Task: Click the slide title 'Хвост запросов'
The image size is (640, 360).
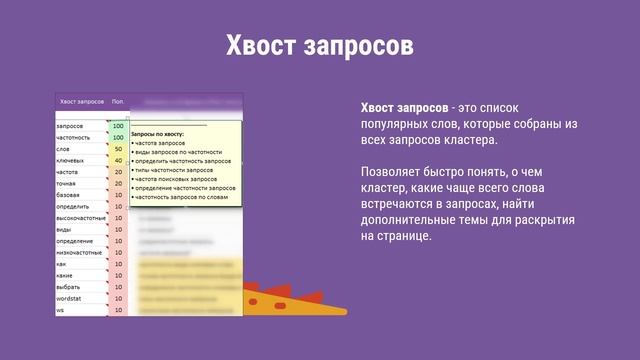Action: (x=320, y=46)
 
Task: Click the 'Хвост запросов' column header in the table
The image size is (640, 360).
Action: (x=82, y=101)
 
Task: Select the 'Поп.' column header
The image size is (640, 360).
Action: (x=118, y=101)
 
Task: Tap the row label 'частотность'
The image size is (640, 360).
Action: (x=73, y=137)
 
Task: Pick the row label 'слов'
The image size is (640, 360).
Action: (x=63, y=149)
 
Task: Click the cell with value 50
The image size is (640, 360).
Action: (x=118, y=149)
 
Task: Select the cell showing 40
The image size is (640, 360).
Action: (x=118, y=160)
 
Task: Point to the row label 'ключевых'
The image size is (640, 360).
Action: (x=70, y=160)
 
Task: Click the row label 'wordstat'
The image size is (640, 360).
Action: (x=69, y=298)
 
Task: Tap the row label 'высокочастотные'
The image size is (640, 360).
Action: (x=79, y=218)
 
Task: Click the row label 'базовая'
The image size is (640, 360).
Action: (x=68, y=195)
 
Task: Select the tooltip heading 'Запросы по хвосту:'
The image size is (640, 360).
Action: (x=160, y=132)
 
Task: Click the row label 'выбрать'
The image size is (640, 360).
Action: (x=68, y=287)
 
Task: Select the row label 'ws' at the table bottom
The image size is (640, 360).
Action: (x=60, y=310)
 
